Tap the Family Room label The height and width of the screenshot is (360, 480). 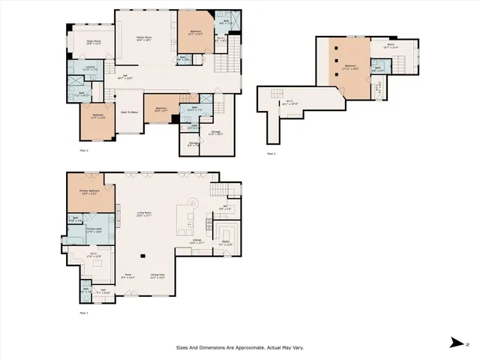tap(143, 37)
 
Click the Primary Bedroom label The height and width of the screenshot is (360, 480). tap(91, 191)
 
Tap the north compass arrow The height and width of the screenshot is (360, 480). tap(454, 342)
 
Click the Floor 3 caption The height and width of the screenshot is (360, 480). tap(271, 154)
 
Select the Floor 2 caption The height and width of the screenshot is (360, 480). tap(84, 150)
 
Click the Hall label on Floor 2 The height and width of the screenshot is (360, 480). tap(127, 75)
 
